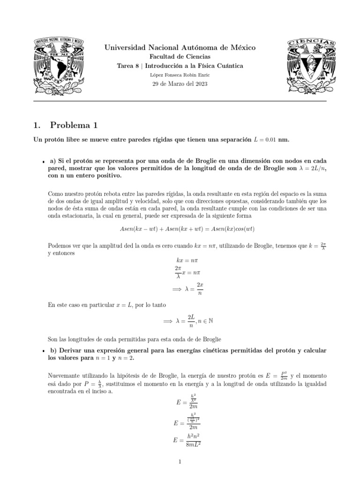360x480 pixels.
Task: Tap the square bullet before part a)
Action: pos(43,161)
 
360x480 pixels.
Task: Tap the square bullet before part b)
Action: pos(43,351)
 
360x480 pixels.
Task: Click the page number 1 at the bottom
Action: pos(180,462)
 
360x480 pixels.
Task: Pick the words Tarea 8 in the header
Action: pos(127,66)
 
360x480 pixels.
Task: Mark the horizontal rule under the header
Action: pos(180,101)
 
